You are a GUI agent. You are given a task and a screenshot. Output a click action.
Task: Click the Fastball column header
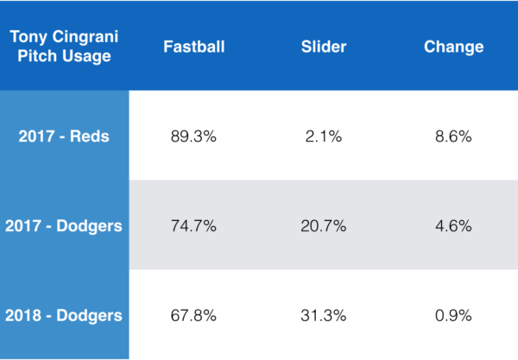[x=194, y=47]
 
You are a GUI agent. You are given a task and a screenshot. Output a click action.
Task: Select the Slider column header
[x=324, y=47]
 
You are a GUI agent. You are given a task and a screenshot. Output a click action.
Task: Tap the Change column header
[x=453, y=47]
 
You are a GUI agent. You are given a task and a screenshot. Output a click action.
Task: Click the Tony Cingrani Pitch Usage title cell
[x=64, y=47]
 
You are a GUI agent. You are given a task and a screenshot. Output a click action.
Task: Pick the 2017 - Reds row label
[x=64, y=136]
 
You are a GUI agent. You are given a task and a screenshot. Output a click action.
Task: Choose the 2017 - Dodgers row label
[x=64, y=226]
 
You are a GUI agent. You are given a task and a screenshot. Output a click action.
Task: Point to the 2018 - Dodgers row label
[x=64, y=315]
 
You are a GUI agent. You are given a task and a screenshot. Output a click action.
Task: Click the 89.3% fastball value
[x=194, y=136]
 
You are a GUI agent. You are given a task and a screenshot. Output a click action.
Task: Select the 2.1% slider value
[x=324, y=136]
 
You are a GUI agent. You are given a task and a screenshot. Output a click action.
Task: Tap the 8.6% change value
[x=453, y=136]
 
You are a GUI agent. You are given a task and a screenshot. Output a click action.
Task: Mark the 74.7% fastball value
[x=194, y=226]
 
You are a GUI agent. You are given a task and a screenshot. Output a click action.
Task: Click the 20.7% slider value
[x=324, y=226]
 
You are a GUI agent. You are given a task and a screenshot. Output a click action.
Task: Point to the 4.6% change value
[x=453, y=226]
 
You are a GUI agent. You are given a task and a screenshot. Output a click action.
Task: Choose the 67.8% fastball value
[x=194, y=315]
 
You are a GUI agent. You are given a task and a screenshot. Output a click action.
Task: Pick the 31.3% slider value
[x=324, y=315]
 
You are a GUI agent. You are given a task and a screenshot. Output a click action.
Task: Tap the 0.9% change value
[x=453, y=315]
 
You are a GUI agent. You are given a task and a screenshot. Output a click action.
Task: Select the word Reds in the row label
[x=91, y=136]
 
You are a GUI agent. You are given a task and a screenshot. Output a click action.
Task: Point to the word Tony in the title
[x=28, y=37]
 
